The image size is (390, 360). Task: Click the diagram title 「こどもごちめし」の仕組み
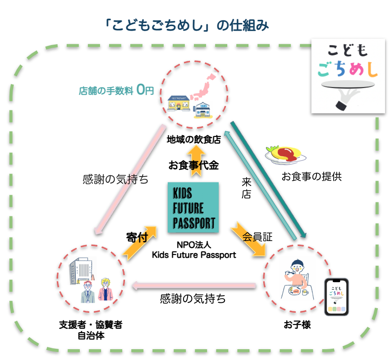pos(186,26)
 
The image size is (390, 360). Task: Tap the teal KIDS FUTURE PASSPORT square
pos(193,208)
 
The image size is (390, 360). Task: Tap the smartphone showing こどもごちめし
pos(337,296)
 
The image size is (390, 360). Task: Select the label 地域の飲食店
pos(193,139)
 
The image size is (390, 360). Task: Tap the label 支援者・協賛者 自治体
pos(91,330)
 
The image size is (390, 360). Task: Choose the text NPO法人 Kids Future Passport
pos(193,250)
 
